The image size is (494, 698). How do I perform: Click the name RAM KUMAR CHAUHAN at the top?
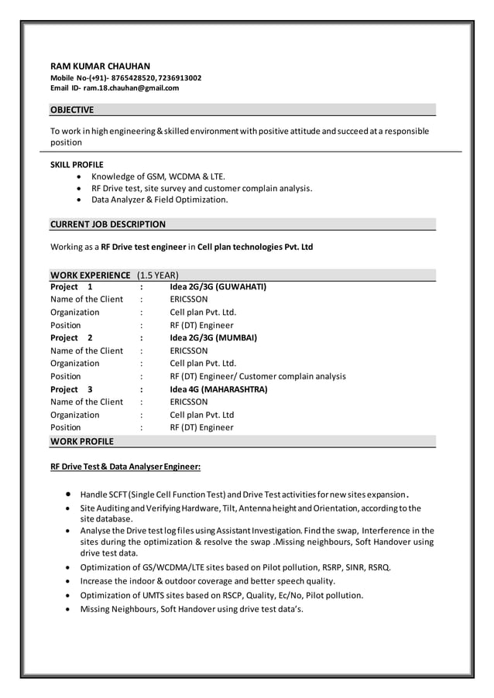tap(101, 67)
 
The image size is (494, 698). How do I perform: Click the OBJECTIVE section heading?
tap(72, 110)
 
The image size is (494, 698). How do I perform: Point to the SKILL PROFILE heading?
tap(77, 165)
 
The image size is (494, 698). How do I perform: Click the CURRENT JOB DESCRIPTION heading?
tap(108, 224)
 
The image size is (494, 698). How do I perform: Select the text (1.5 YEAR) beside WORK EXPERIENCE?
tap(158, 275)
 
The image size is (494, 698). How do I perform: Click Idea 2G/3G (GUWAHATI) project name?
tap(218, 286)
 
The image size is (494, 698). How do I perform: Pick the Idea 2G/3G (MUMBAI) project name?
tap(213, 338)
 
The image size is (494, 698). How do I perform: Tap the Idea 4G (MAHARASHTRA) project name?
tap(218, 389)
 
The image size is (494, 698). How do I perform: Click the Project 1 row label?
tap(71, 286)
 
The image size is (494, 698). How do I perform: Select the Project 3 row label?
tap(71, 389)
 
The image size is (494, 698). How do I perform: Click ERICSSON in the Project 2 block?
tap(189, 351)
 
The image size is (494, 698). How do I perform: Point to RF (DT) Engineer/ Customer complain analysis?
tap(258, 376)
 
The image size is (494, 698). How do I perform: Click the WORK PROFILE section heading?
tap(82, 441)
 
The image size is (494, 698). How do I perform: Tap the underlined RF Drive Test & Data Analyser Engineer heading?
tap(125, 467)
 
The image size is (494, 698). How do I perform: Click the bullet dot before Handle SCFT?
tap(70, 494)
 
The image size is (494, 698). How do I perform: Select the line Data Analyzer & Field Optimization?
tap(160, 200)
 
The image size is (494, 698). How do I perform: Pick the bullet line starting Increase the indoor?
tap(208, 581)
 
